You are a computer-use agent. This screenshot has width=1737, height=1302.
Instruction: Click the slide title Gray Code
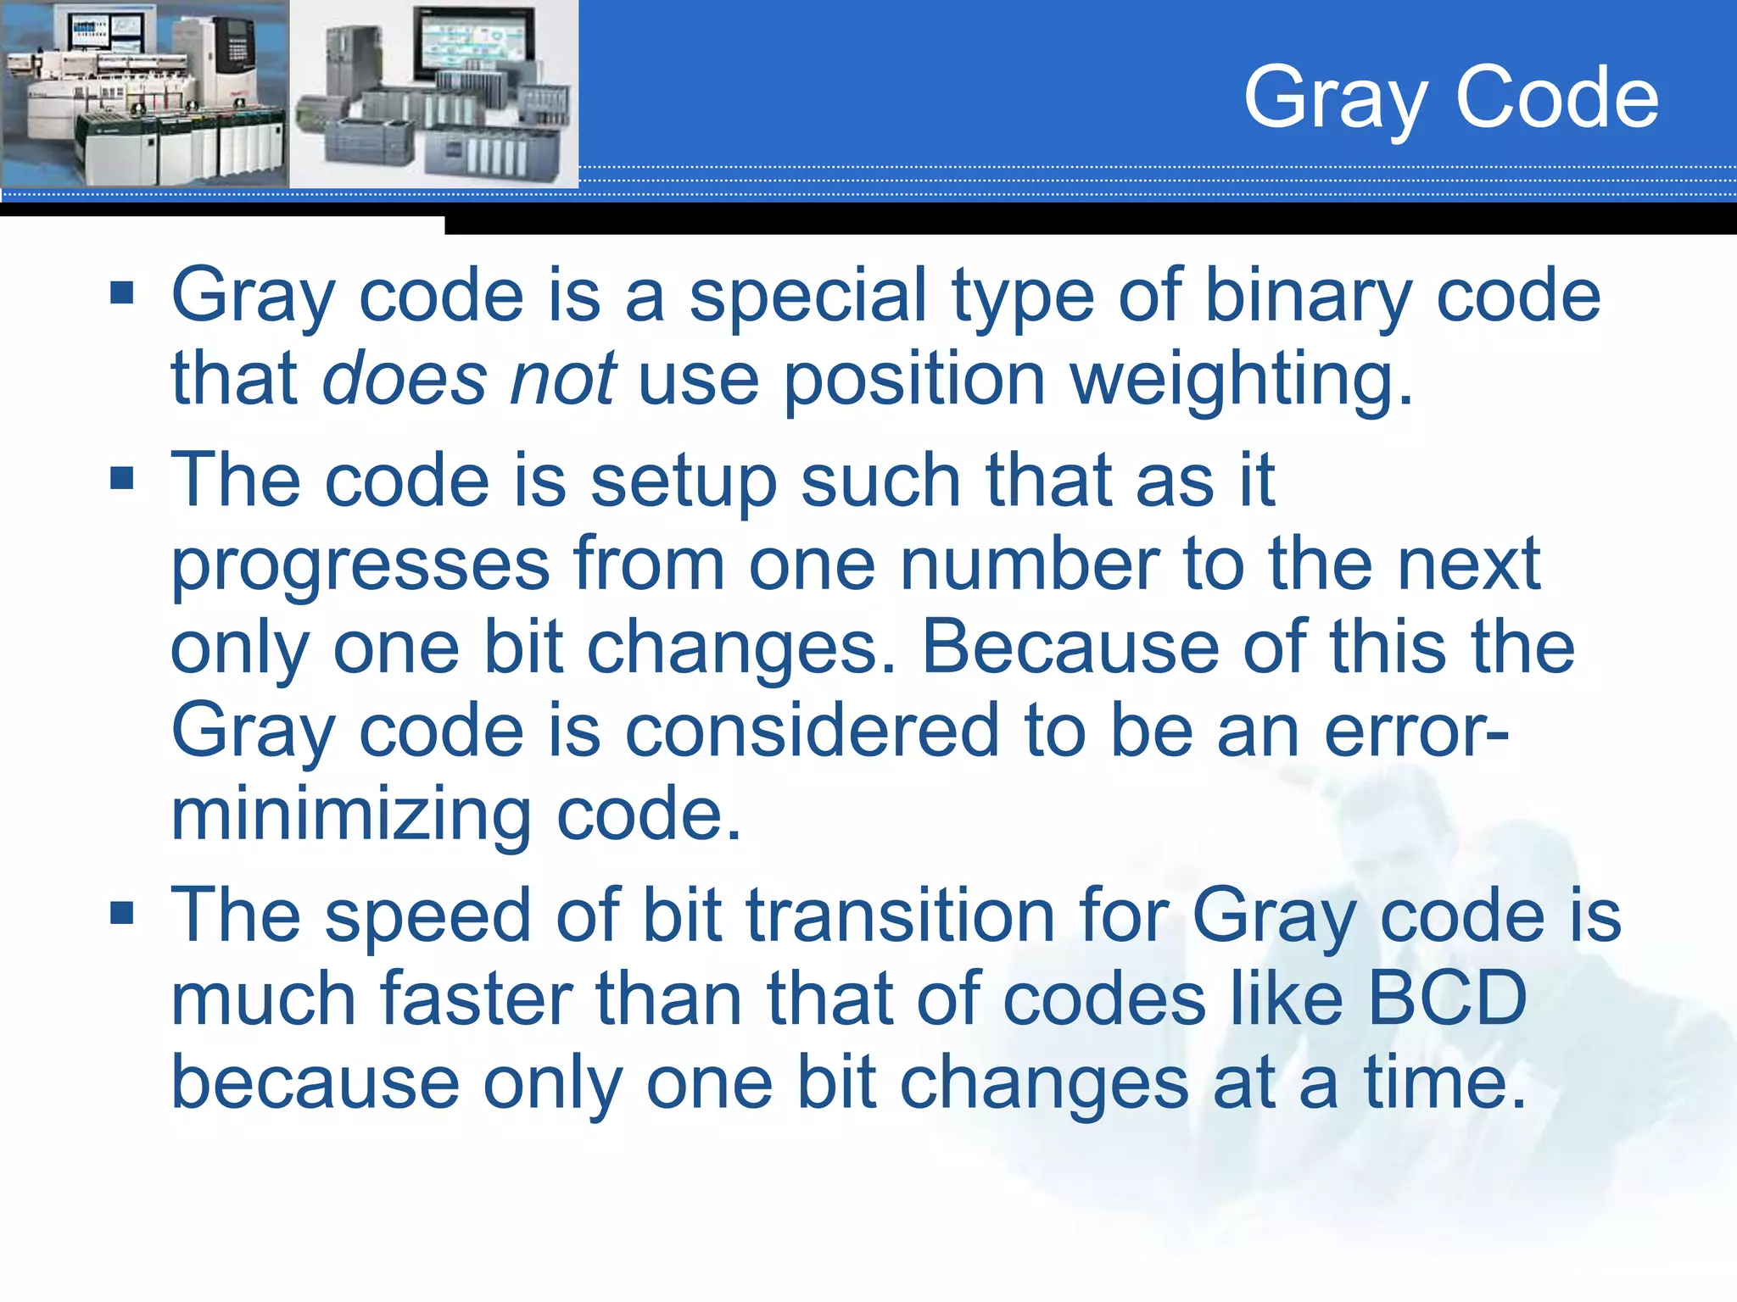[x=1450, y=99]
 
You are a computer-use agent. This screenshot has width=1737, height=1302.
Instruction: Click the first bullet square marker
[x=122, y=293]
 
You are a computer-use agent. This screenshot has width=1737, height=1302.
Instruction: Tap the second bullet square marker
[x=122, y=478]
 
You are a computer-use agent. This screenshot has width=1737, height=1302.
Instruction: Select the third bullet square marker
[x=122, y=913]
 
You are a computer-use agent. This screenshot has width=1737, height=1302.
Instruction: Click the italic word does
[x=405, y=379]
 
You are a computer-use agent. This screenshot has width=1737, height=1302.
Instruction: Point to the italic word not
[x=562, y=379]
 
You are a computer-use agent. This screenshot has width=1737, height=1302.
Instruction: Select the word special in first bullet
[x=807, y=297]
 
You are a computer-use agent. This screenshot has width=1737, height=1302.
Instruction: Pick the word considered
[x=812, y=731]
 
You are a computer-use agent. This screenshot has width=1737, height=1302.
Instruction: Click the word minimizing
[x=351, y=815]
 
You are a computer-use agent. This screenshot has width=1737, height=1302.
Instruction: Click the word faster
[x=476, y=999]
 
